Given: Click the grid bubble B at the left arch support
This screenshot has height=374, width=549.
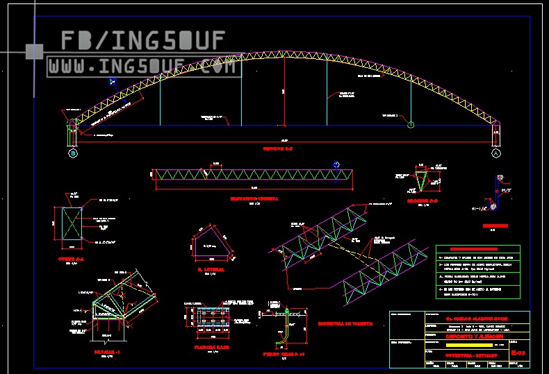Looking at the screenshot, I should tap(72, 153).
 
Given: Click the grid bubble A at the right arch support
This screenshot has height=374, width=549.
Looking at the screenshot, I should tap(495, 153).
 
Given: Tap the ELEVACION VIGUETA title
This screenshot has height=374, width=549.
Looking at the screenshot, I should tap(254, 198).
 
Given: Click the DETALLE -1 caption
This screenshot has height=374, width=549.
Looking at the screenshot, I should tap(107, 352).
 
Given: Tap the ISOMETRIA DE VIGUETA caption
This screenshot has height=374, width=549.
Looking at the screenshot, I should tap(345, 323).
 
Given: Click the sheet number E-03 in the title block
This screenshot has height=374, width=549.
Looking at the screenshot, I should tap(518, 353).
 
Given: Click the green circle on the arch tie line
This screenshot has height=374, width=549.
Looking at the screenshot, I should tap(411, 125).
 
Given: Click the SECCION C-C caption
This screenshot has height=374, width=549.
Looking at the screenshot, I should tap(422, 201).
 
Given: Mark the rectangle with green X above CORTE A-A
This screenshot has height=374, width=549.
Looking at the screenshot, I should tap(70, 225).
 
